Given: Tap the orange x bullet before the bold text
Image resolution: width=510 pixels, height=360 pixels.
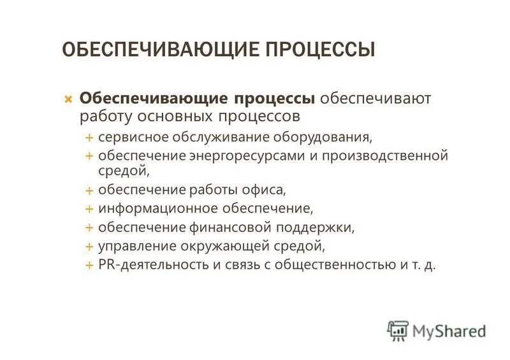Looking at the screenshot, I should (68, 100).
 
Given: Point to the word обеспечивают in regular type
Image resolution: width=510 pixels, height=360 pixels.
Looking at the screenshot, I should (375, 99).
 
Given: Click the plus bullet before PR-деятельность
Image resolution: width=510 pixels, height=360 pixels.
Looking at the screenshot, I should (90, 264).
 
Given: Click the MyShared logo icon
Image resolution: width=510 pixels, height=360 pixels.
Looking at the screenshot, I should (398, 331).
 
